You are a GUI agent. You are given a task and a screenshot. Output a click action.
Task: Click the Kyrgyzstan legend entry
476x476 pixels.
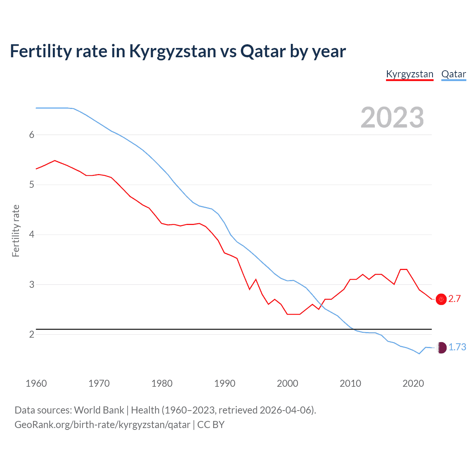[409, 74]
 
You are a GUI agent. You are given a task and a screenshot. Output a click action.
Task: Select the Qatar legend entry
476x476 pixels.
[453, 74]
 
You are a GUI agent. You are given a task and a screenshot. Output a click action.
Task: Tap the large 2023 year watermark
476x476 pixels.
[392, 118]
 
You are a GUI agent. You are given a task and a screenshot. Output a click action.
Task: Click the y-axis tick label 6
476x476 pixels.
[32, 135]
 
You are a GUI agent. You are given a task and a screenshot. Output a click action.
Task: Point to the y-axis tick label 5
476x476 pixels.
[32, 184]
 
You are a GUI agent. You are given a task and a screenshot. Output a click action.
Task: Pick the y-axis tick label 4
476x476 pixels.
[32, 234]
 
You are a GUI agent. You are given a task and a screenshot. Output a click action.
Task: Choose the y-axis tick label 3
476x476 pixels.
[32, 284]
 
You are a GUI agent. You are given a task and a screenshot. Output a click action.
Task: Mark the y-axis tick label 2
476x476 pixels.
[32, 334]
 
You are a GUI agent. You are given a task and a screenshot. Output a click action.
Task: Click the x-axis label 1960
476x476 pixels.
[36, 383]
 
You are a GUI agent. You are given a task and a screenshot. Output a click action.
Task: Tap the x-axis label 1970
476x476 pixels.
[99, 383]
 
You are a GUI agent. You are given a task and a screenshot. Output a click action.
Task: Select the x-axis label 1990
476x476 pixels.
[225, 383]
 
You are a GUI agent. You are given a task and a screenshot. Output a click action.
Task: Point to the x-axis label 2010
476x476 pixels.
[350, 383]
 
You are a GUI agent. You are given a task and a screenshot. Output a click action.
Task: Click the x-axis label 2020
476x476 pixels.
[413, 383]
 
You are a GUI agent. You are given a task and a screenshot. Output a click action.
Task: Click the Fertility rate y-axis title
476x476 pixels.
[16, 231]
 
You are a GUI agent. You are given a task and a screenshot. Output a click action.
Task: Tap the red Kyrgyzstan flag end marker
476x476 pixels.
[441, 299]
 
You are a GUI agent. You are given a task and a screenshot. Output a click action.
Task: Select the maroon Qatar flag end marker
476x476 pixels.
[441, 347]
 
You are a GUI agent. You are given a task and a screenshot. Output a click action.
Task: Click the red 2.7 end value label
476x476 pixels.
[454, 299]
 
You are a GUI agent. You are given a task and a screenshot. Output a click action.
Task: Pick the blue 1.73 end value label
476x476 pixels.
[457, 347]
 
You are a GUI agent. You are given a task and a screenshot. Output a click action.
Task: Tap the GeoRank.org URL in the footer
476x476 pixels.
[102, 425]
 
